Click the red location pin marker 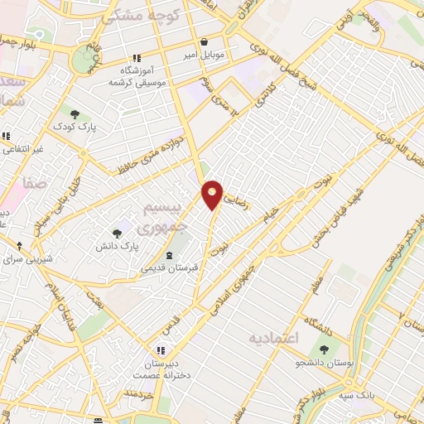[213, 195]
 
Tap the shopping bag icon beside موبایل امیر [204, 41]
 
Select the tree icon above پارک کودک [75, 113]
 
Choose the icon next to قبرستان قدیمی [169, 255]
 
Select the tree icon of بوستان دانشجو [323, 349]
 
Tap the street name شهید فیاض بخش [358, 190]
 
